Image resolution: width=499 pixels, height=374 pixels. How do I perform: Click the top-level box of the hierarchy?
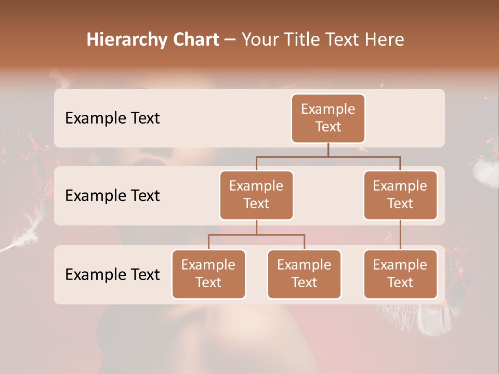tap(328, 118)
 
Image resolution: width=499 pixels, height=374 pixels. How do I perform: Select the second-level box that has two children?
tap(256, 195)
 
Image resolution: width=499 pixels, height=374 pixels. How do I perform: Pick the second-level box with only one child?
tap(400, 195)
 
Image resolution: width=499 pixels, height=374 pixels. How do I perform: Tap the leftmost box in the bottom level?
tap(208, 274)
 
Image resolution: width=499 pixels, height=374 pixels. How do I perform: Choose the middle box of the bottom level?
tap(304, 274)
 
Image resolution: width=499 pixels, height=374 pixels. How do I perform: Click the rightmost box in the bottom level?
tap(400, 274)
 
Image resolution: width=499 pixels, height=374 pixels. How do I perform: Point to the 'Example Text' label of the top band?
tap(112, 118)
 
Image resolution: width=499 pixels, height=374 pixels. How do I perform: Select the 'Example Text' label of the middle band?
tap(112, 196)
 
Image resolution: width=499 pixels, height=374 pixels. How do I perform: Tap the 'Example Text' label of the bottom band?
tap(112, 274)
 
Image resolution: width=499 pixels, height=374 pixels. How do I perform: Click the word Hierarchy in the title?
tap(127, 40)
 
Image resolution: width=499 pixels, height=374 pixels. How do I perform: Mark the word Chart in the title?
tap(195, 39)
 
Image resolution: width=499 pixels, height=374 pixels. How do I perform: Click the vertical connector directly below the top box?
tap(328, 150)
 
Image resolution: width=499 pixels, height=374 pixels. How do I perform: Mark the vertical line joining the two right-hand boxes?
tap(400, 235)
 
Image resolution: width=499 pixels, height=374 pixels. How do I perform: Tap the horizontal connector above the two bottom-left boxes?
tap(256, 235)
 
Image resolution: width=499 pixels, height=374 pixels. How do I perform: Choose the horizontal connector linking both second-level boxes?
tap(328, 156)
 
